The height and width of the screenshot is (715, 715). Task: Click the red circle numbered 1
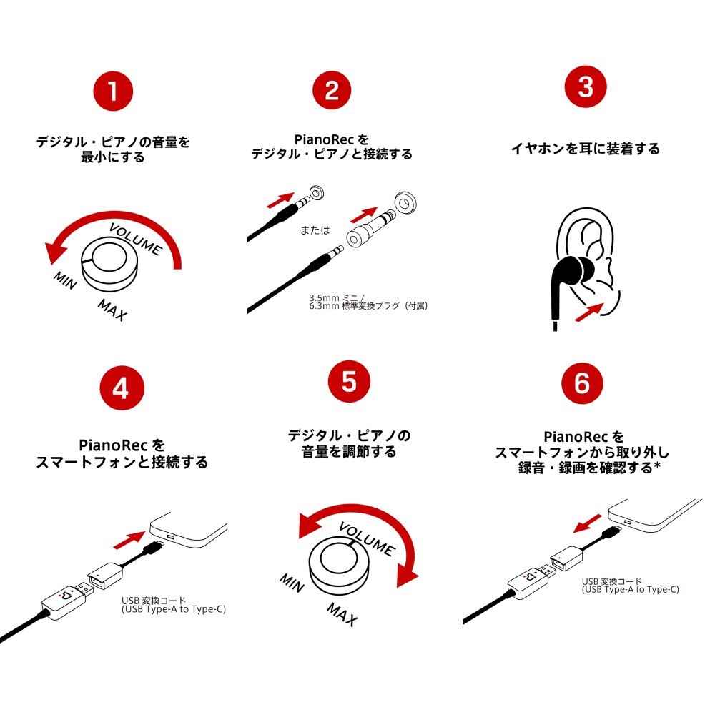113,92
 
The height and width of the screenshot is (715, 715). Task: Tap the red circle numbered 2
332,90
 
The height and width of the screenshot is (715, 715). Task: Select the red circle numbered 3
586,87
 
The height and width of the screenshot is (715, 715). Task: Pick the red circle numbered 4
122,388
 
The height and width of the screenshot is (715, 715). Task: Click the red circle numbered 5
349,381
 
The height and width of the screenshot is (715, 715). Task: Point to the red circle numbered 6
582,383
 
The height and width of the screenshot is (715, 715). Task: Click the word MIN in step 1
65,280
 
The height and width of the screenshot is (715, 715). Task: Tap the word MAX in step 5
342,614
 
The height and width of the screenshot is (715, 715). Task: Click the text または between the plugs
315,230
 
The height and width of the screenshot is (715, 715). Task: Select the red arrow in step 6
587,523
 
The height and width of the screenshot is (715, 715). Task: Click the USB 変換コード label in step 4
154,601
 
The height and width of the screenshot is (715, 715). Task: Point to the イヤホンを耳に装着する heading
586,149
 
